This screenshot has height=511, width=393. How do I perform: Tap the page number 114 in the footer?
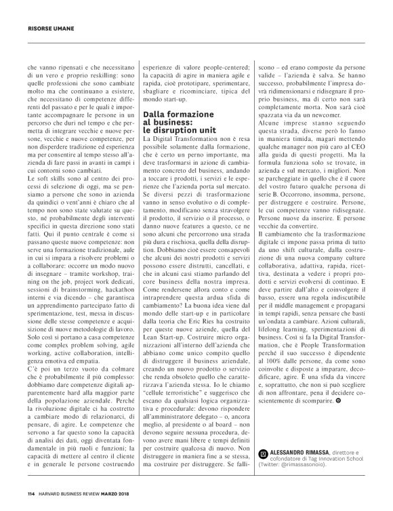pyautogui.click(x=31, y=492)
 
